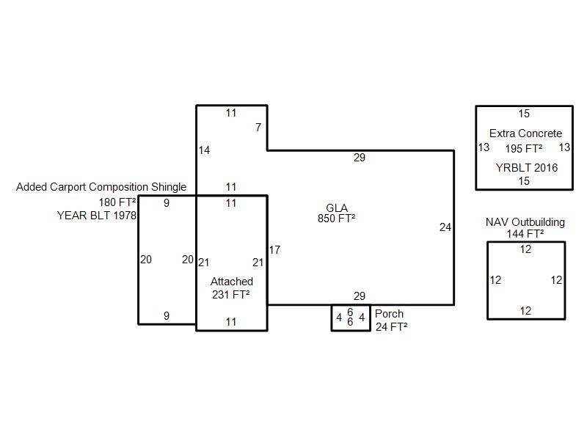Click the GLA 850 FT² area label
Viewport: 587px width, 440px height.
337,213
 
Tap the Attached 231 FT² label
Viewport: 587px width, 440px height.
231,287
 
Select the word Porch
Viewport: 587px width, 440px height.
389,314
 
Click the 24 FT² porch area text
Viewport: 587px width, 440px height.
391,326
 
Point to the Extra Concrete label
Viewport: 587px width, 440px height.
525,133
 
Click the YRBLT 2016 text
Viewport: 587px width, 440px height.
527,168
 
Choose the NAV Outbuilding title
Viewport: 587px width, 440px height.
525,222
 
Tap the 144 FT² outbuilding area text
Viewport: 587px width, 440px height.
525,234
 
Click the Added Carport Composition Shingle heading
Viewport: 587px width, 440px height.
101,187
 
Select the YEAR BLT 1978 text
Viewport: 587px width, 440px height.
97,216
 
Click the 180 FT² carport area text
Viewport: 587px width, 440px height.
117,202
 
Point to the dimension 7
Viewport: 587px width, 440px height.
258,128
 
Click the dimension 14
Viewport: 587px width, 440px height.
204,150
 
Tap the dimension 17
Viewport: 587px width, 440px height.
274,250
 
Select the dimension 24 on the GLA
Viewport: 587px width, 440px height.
445,227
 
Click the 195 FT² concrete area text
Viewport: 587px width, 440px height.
524,149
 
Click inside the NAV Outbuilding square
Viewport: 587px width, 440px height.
526,280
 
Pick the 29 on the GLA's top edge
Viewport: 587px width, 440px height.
360,158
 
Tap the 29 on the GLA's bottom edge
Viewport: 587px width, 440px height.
360,296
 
